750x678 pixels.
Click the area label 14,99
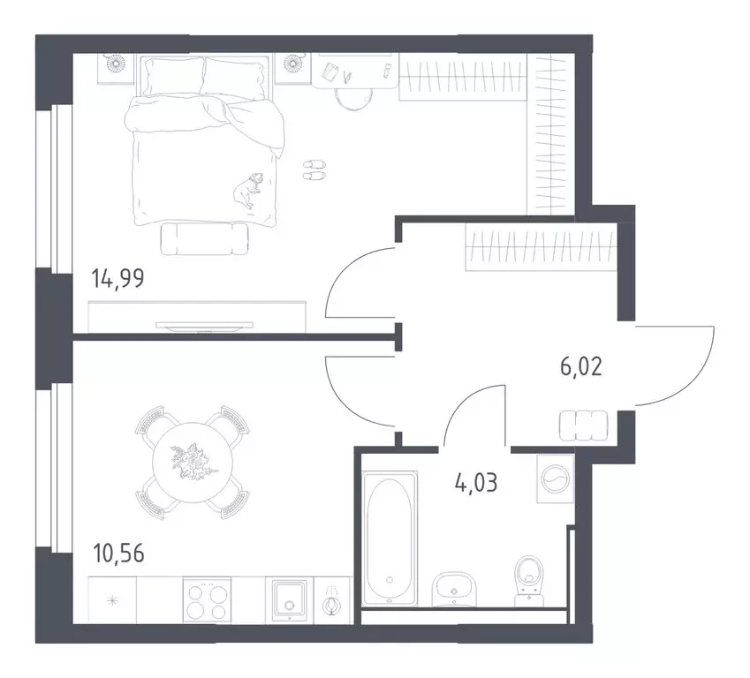(x=117, y=280)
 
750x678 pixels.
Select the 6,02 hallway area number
(x=580, y=366)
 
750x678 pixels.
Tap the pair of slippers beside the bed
(x=314, y=169)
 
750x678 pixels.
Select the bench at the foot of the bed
(x=205, y=237)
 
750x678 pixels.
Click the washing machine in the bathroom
(x=555, y=478)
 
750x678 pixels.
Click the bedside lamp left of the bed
(x=117, y=66)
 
